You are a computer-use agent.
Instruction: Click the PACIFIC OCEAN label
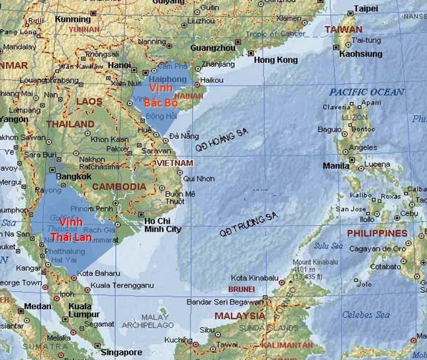click(x=366, y=92)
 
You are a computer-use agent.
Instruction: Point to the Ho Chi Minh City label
click(x=162, y=225)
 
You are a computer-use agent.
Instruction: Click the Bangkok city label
click(x=74, y=177)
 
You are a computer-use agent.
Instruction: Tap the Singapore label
click(x=122, y=352)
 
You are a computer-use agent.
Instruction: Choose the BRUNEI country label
click(x=241, y=289)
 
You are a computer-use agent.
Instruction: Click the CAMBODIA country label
click(x=119, y=187)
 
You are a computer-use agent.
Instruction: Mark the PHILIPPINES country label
click(x=377, y=234)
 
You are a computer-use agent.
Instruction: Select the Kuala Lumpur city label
click(x=80, y=311)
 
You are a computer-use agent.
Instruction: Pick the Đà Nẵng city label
click(x=183, y=136)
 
